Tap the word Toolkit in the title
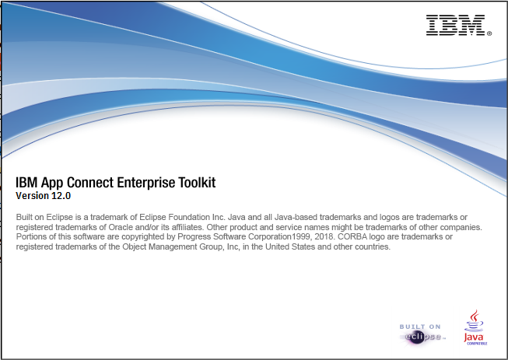(x=191, y=183)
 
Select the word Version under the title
(x=32, y=195)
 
